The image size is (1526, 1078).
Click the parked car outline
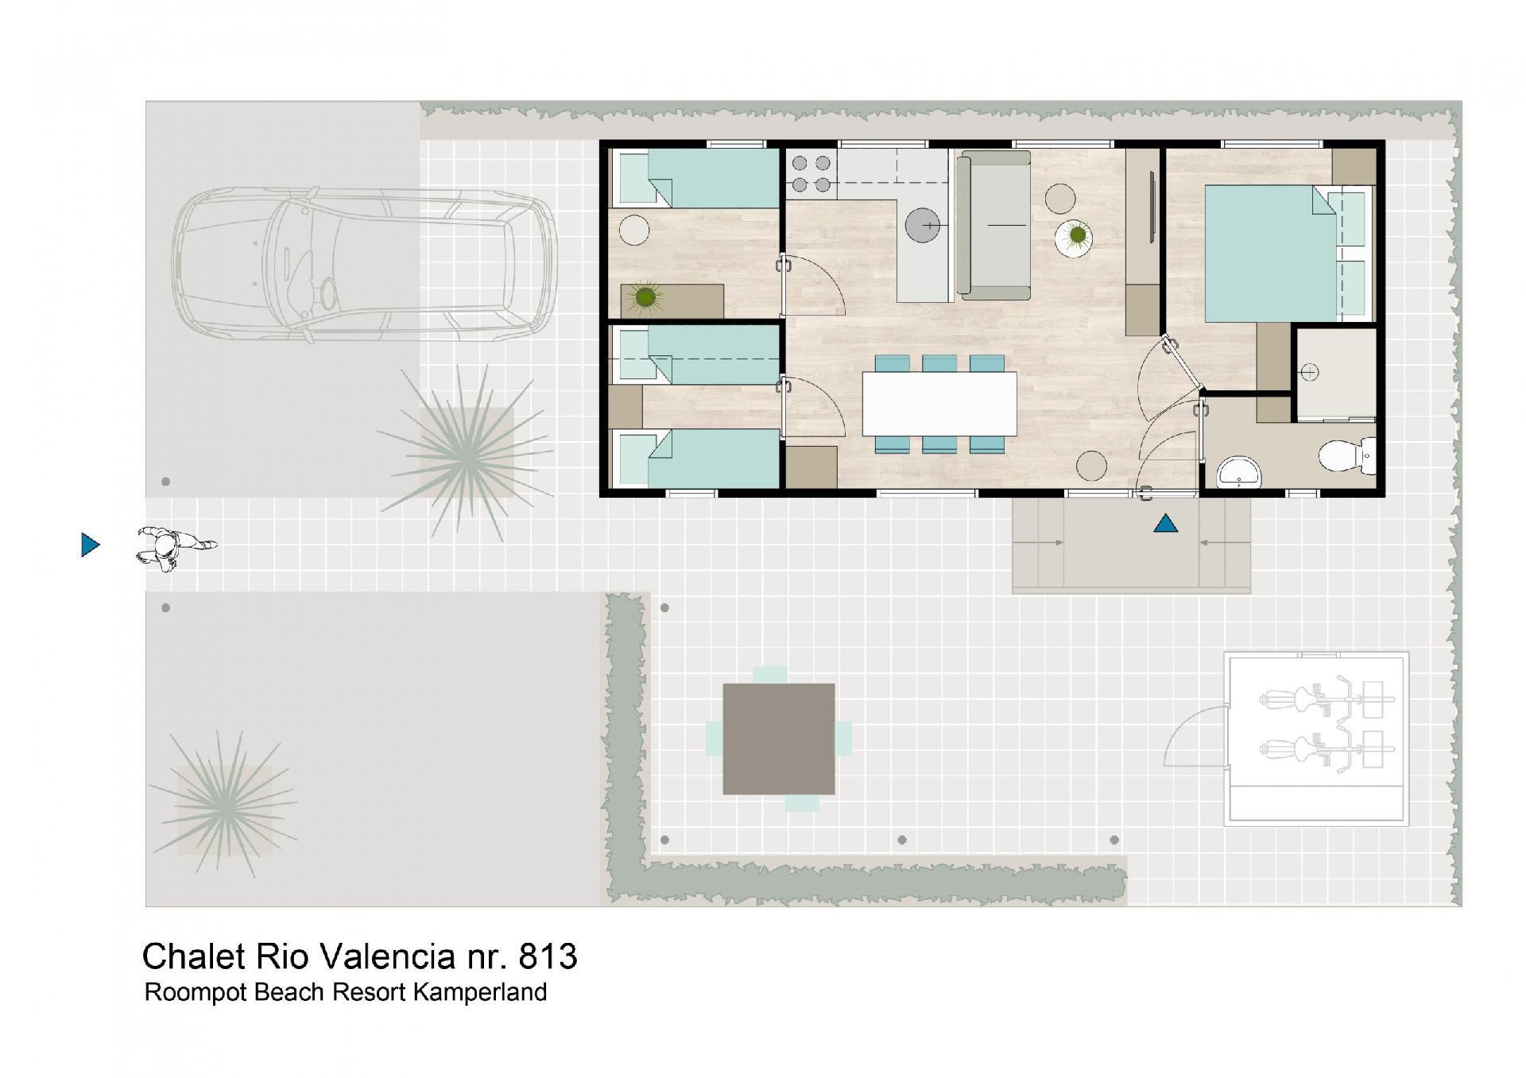364,265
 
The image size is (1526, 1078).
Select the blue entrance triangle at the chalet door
1165,523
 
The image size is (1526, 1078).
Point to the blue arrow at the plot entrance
91,545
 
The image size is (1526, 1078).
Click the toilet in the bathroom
1348,456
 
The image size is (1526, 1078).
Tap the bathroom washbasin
1238,472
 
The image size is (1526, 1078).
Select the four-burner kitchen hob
811,174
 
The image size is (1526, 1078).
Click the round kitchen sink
924,226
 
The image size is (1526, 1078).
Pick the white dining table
939,403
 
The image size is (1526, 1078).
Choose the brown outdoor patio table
779,739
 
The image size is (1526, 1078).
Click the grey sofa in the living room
993,225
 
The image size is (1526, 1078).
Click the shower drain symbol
1310,372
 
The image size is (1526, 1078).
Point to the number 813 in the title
548,956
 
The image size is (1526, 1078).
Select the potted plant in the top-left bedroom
645,297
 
